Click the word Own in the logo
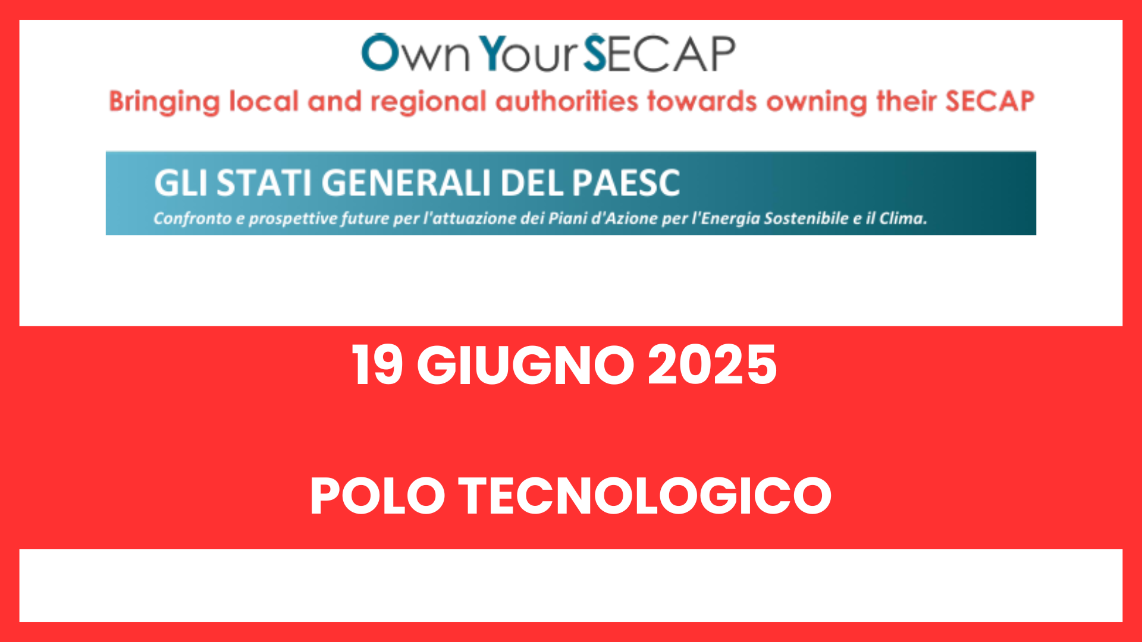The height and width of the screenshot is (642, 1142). pyautogui.click(x=416, y=53)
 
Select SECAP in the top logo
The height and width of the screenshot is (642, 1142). pyautogui.click(x=659, y=53)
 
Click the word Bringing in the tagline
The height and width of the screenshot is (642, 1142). pyautogui.click(x=164, y=102)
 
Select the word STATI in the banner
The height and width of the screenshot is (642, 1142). pyautogui.click(x=264, y=182)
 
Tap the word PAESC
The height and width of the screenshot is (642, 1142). pyautogui.click(x=626, y=182)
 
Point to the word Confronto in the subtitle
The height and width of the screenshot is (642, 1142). pyautogui.click(x=192, y=219)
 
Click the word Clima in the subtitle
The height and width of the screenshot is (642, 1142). pyautogui.click(x=903, y=218)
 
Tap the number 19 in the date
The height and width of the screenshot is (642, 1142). pyautogui.click(x=377, y=365)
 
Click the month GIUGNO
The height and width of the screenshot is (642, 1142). pyautogui.click(x=525, y=365)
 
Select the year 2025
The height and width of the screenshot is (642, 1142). pyautogui.click(x=712, y=365)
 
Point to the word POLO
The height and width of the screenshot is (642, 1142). pyautogui.click(x=378, y=496)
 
